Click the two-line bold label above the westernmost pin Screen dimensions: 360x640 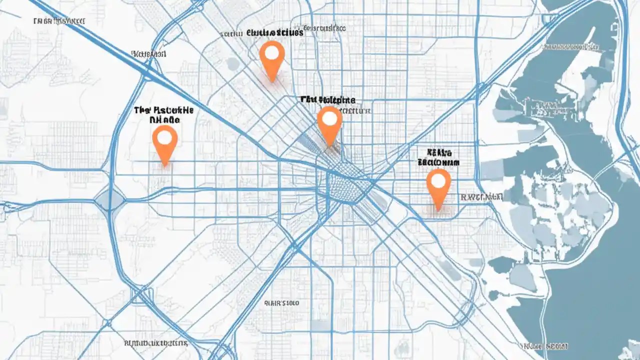(x=163, y=114)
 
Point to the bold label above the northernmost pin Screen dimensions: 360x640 (x=274, y=33)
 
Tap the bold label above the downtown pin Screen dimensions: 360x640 (x=328, y=99)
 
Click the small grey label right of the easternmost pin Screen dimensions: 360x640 (x=480, y=197)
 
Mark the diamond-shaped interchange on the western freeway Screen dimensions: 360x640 (x=109, y=199)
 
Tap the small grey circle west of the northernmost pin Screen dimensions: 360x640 (x=232, y=63)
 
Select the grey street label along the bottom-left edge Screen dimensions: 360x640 (x=155, y=343)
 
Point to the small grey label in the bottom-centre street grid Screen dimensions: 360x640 (x=281, y=303)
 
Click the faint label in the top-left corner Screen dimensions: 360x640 (x=58, y=21)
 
